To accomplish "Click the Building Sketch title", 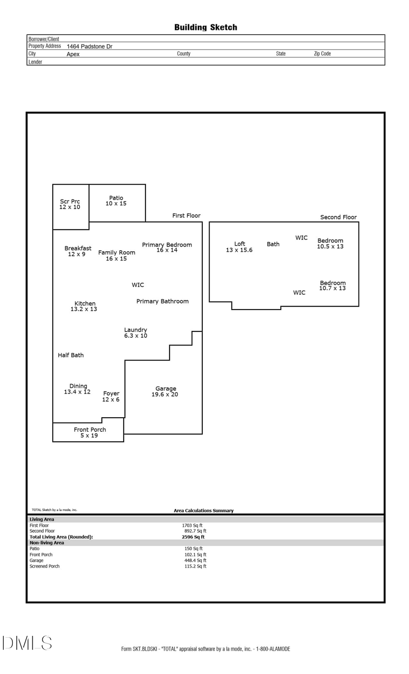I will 205,27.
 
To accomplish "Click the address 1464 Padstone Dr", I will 90,46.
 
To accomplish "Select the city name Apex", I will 73,54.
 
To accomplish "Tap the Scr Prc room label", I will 70,204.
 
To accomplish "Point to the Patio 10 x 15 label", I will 116,200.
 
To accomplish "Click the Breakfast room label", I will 77,251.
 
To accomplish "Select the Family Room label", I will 116,255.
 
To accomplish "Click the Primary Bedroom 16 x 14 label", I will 167,247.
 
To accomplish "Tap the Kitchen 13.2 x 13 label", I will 84,306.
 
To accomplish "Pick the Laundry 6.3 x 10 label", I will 135,333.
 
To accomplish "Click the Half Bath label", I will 70,355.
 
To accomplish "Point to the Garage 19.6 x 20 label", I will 165,391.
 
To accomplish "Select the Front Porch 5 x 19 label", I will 90,432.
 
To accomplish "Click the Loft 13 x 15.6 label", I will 239,247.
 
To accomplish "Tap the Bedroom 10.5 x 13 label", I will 330,243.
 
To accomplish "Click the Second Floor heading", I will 338,217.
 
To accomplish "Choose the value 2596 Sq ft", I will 193,537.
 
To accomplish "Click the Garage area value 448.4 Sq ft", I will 195,560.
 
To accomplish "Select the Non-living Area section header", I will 47,543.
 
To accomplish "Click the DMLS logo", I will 27,643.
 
